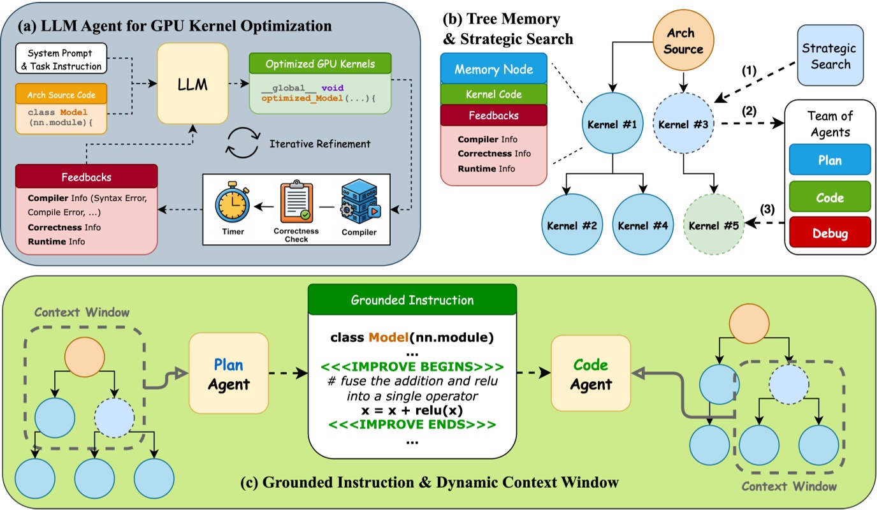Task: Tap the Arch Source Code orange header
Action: (61, 95)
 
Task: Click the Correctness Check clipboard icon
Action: (296, 201)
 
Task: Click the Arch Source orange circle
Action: (684, 41)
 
